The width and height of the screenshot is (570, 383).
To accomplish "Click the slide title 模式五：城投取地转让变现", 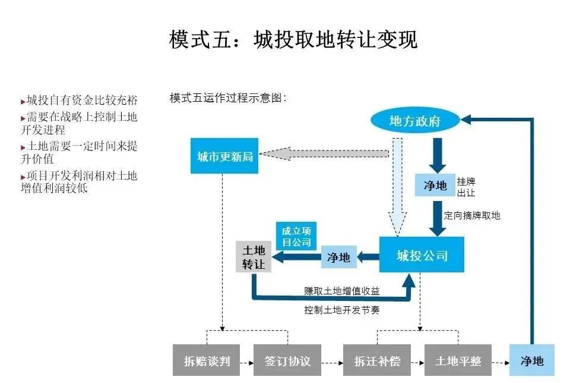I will pos(293,40).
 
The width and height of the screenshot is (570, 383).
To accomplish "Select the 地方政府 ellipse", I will pos(416,121).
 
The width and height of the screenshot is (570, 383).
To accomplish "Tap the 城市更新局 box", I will pos(224,156).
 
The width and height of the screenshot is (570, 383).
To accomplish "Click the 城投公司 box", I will pos(422,255).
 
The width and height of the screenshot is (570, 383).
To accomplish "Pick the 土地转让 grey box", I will pos(254,257).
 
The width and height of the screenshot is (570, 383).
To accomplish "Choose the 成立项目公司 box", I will pos(296,236).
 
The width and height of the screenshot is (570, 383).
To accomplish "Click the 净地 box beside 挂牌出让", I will pos(435,186).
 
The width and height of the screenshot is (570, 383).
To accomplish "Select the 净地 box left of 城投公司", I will pos(338,258).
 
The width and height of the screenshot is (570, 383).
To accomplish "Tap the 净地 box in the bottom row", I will pos(531,360).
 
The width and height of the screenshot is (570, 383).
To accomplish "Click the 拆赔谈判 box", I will pos(207,361).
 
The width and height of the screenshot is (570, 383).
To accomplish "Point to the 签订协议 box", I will pos(287,361).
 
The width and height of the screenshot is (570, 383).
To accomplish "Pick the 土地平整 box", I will pos(458,361).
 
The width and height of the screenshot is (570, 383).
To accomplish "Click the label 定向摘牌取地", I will pos(472,215).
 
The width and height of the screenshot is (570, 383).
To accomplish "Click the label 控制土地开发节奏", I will pos(341,310).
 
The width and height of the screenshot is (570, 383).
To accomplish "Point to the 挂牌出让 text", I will pos(466,187).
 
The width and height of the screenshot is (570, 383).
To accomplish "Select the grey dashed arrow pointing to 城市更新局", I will pos(324,154).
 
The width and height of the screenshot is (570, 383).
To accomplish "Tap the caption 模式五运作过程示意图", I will pos(228,98).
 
